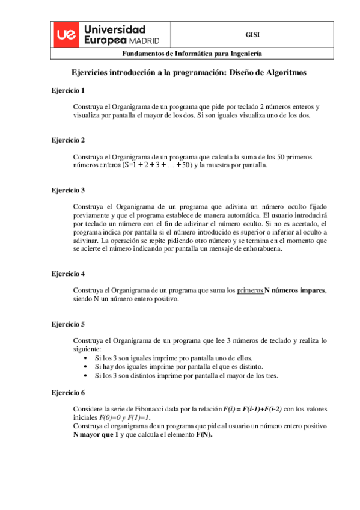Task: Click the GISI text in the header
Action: click(x=252, y=35)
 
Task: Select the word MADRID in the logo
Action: click(x=144, y=40)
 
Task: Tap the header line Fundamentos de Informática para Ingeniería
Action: click(x=183, y=53)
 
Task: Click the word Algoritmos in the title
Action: click(x=280, y=72)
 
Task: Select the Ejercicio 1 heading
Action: click(x=68, y=90)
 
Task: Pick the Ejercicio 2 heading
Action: click(x=68, y=140)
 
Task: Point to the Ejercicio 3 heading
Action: click(x=68, y=189)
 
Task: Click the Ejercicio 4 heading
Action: click(x=68, y=273)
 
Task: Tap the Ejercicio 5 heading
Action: click(x=68, y=323)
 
